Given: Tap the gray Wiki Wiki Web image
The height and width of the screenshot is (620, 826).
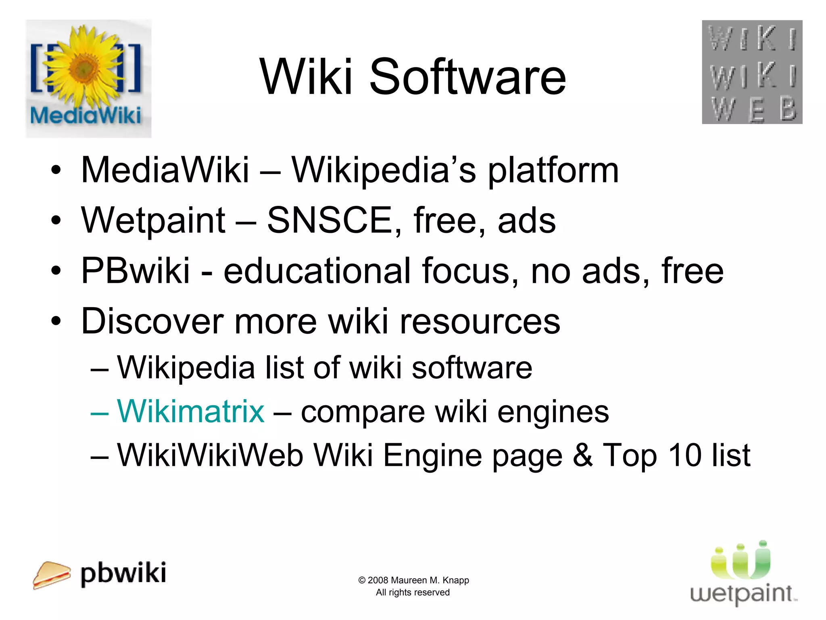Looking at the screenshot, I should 752,72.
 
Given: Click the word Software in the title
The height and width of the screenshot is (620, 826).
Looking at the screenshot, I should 468,77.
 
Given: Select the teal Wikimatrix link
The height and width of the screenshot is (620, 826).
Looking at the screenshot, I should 190,411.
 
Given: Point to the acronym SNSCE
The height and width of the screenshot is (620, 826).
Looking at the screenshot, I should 330,220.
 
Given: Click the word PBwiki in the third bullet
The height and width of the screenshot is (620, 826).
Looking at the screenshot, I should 136,271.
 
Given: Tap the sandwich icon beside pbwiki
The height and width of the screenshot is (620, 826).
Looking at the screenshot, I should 51,575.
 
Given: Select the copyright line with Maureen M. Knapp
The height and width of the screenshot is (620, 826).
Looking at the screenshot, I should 413,580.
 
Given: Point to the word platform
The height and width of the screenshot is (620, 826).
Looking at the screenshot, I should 553,170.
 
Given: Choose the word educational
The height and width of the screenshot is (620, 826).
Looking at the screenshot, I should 317,271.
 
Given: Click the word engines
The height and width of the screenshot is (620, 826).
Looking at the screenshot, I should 553,412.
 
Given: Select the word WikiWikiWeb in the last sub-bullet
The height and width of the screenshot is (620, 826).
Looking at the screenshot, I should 210,455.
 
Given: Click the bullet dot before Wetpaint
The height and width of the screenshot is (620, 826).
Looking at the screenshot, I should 56,220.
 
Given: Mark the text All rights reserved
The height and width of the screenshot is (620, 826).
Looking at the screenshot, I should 413,592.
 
